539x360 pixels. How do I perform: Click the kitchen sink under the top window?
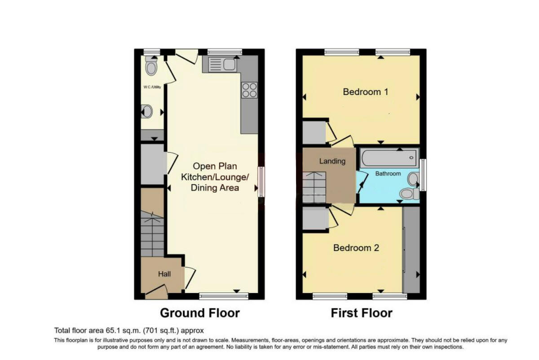[x=220, y=65]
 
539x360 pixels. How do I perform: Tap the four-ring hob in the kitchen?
[x=249, y=90]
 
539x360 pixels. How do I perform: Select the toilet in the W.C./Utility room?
[x=151, y=67]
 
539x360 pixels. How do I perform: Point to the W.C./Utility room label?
[x=152, y=87]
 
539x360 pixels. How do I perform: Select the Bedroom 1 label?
[x=365, y=92]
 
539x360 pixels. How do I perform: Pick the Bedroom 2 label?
[x=356, y=248]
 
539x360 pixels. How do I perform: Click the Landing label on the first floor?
[x=332, y=161]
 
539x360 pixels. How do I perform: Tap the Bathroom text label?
[x=388, y=173]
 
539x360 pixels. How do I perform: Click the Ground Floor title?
[x=200, y=312]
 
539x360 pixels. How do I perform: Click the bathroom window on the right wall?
[x=423, y=174]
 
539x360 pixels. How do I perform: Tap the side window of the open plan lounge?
[x=261, y=182]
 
